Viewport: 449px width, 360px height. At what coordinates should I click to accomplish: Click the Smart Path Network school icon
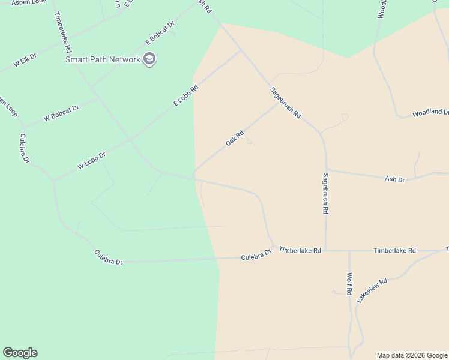pyautogui.click(x=149, y=59)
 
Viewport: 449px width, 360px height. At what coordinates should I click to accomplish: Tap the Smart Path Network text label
pyautogui.click(x=103, y=59)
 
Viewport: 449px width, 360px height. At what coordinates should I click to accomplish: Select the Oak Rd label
pyautogui.click(x=234, y=139)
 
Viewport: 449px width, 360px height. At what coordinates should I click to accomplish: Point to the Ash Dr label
pyautogui.click(x=394, y=179)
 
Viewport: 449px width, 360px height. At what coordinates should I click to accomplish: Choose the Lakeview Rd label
pyautogui.click(x=372, y=290)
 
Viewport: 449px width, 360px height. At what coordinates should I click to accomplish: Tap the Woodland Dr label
pyautogui.click(x=430, y=113)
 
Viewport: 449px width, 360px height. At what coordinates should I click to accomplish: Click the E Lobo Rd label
pyautogui.click(x=185, y=95)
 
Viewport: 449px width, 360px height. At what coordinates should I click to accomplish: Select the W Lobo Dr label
pyautogui.click(x=91, y=160)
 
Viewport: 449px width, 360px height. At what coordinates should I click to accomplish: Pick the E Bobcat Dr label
pyautogui.click(x=160, y=34)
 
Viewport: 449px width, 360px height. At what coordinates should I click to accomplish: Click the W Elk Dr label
pyautogui.click(x=25, y=59)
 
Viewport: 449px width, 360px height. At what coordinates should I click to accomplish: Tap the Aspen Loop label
pyautogui.click(x=29, y=2)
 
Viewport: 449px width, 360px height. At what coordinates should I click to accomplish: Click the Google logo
pyautogui.click(x=20, y=353)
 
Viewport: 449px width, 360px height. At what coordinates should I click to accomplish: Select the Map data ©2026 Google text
pyautogui.click(x=412, y=355)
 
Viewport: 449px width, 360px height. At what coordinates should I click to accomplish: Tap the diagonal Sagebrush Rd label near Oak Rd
pyautogui.click(x=285, y=103)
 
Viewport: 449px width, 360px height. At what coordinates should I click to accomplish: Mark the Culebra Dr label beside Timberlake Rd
pyautogui.click(x=256, y=254)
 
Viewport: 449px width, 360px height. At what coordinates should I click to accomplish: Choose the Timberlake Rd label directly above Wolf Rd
pyautogui.click(x=394, y=250)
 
